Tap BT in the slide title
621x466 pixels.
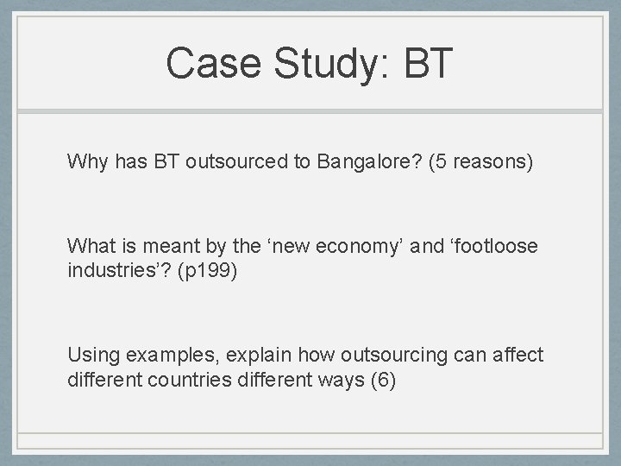(x=425, y=63)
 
